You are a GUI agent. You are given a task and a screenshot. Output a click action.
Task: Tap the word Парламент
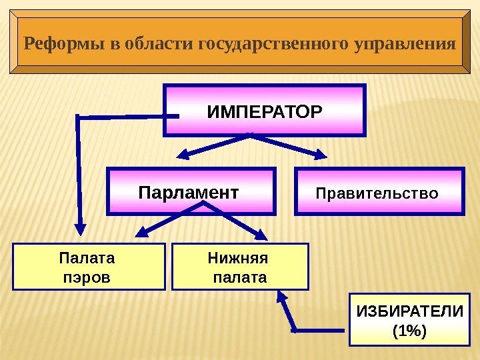[188, 193]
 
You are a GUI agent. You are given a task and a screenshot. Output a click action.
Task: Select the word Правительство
[377, 194]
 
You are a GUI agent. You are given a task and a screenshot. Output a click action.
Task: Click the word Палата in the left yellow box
[87, 258]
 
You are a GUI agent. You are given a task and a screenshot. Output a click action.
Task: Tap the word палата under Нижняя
[239, 276]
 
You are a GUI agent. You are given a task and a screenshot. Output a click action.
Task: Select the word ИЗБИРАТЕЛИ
[409, 311]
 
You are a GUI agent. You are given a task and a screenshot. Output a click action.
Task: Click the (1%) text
[409, 330]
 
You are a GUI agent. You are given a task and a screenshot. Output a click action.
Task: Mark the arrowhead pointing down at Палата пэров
[79, 227]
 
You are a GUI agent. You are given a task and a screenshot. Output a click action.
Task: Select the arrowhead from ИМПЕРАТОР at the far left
[79, 227]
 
